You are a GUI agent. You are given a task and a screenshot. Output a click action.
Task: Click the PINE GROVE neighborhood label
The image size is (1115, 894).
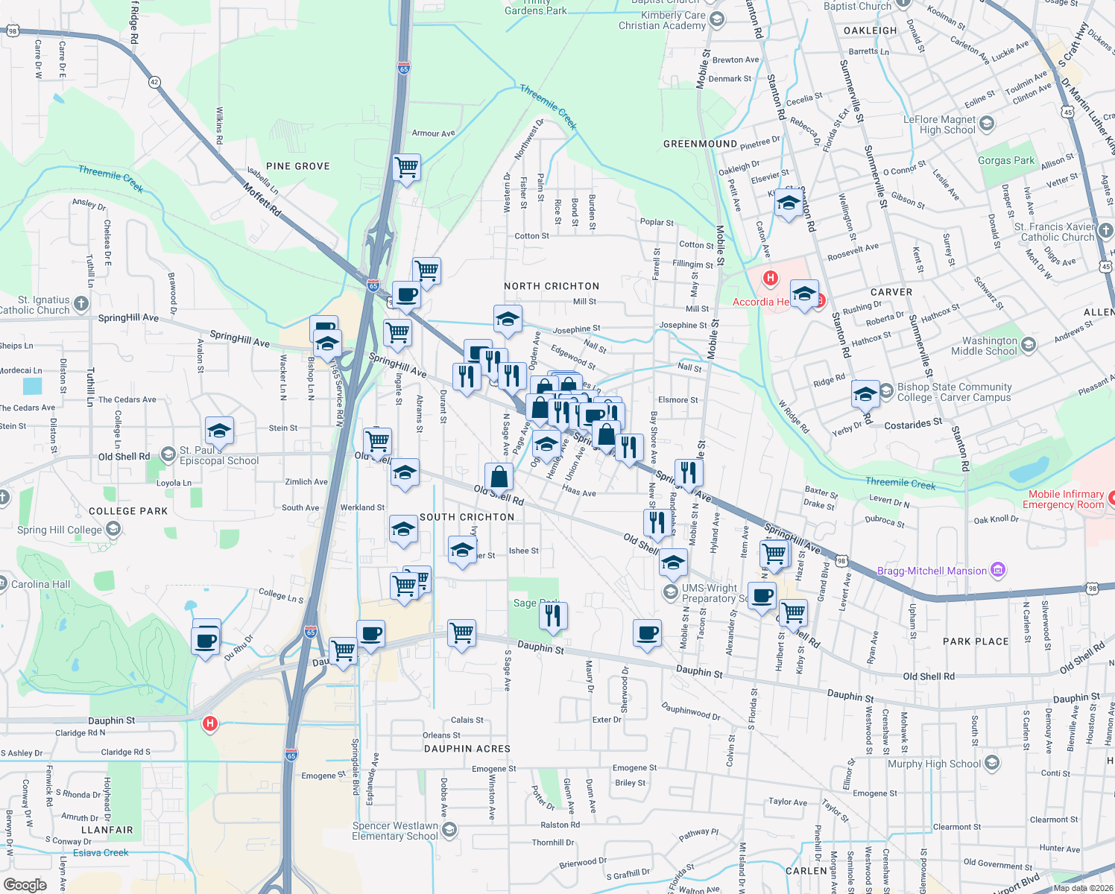[x=297, y=166]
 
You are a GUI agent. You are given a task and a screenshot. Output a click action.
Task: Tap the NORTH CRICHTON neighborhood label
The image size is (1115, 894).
[x=552, y=286]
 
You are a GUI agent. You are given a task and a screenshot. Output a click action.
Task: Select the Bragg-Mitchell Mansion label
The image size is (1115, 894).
[x=932, y=571]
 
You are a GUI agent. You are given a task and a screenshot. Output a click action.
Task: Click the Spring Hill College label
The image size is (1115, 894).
[x=60, y=530]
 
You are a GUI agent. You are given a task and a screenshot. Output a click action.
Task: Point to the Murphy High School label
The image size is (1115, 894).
[x=934, y=764]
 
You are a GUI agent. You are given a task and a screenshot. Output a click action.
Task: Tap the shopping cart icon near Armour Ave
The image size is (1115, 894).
[x=407, y=168]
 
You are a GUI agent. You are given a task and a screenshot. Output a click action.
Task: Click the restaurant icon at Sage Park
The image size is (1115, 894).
[x=553, y=616]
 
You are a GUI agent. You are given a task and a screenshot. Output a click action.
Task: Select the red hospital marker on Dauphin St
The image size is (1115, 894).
[x=210, y=723]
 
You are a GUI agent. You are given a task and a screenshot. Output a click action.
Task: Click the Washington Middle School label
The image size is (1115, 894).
[x=984, y=346]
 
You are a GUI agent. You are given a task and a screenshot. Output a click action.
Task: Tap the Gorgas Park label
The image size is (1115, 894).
[x=1005, y=160]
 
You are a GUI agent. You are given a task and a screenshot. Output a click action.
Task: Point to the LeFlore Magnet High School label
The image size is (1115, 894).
[x=939, y=124]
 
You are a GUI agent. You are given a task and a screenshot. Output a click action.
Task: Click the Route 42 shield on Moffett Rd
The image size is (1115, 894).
[x=154, y=81]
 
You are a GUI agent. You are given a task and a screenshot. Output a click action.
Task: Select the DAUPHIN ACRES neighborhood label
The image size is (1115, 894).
[x=467, y=749]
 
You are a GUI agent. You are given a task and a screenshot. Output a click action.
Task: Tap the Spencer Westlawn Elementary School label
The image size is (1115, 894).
[x=395, y=831]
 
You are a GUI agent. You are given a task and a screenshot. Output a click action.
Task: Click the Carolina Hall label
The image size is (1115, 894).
[x=40, y=584]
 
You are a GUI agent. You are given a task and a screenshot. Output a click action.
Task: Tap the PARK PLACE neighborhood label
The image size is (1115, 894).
[x=976, y=641]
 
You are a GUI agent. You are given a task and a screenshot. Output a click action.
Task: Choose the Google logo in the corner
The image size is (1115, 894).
[x=25, y=884]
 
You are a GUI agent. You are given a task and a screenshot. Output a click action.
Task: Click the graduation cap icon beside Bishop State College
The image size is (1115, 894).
[x=865, y=393]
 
